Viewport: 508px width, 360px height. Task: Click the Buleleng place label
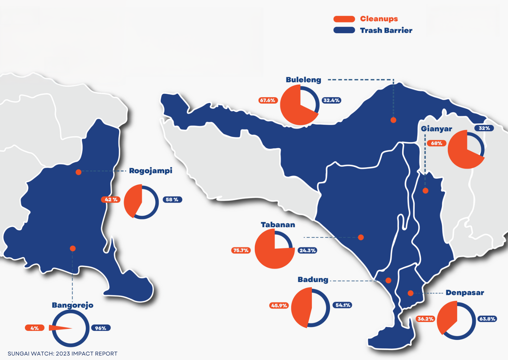[x=303, y=80]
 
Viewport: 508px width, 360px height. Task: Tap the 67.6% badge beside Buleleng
[x=268, y=100]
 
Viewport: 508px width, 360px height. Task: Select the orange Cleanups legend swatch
[x=344, y=19]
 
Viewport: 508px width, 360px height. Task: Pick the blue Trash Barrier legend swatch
[x=344, y=30]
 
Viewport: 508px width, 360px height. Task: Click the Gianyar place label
[x=436, y=129]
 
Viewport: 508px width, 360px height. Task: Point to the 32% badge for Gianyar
[x=484, y=128]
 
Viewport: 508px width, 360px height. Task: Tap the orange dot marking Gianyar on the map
[x=426, y=191]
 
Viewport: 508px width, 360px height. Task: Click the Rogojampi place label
[x=150, y=171]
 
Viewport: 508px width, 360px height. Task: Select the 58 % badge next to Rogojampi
[x=172, y=200]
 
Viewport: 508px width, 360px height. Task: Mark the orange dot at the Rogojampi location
[x=78, y=172]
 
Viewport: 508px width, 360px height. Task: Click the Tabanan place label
[x=278, y=225]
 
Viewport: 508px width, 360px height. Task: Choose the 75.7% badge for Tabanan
[x=241, y=251]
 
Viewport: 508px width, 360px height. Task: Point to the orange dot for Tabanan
[x=361, y=237]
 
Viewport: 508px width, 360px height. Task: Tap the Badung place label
[x=313, y=280]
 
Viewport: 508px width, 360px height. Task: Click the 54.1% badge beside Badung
[x=343, y=305]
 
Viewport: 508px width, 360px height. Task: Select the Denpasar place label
[x=465, y=293]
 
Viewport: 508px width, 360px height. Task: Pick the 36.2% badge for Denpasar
[x=425, y=319]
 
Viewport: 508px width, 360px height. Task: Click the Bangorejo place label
[x=73, y=305]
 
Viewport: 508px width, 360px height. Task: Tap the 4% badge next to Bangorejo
[x=35, y=328]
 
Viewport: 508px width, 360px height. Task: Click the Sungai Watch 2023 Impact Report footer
[x=63, y=353]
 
